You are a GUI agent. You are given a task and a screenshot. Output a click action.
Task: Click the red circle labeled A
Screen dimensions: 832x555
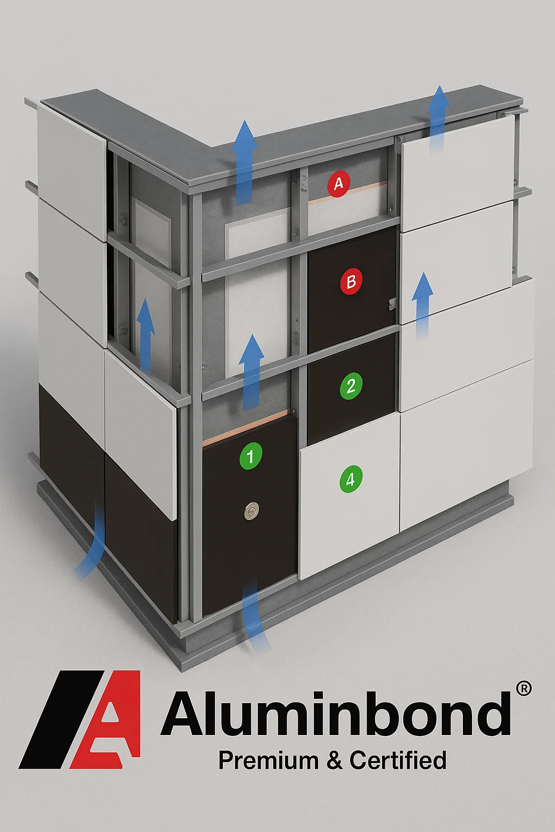click(x=338, y=185)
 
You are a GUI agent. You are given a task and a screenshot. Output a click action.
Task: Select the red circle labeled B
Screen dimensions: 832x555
click(x=351, y=282)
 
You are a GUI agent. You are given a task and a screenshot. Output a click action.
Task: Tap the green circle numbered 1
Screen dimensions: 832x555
click(x=250, y=456)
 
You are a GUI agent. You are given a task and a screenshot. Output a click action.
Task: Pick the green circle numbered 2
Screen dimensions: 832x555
click(x=351, y=386)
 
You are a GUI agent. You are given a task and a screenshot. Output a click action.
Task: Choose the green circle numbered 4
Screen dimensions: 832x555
click(x=350, y=479)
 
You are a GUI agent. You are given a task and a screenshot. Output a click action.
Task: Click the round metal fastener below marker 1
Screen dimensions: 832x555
click(x=251, y=509)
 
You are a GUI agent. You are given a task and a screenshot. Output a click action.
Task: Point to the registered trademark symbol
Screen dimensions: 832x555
click(x=524, y=688)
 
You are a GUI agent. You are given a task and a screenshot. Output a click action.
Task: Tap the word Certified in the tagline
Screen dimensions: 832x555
click(x=398, y=760)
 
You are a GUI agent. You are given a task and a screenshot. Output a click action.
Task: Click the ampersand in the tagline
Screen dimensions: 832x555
click(x=334, y=761)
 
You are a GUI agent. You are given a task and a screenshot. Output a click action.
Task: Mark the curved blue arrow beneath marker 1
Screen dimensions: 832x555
click(x=255, y=615)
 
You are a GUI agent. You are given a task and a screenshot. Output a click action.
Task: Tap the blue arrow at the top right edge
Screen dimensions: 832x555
click(x=438, y=116)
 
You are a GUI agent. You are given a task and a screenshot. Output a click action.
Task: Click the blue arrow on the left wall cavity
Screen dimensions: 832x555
click(x=145, y=335)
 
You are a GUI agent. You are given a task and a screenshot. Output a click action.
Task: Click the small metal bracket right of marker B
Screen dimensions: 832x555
click(x=392, y=305)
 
